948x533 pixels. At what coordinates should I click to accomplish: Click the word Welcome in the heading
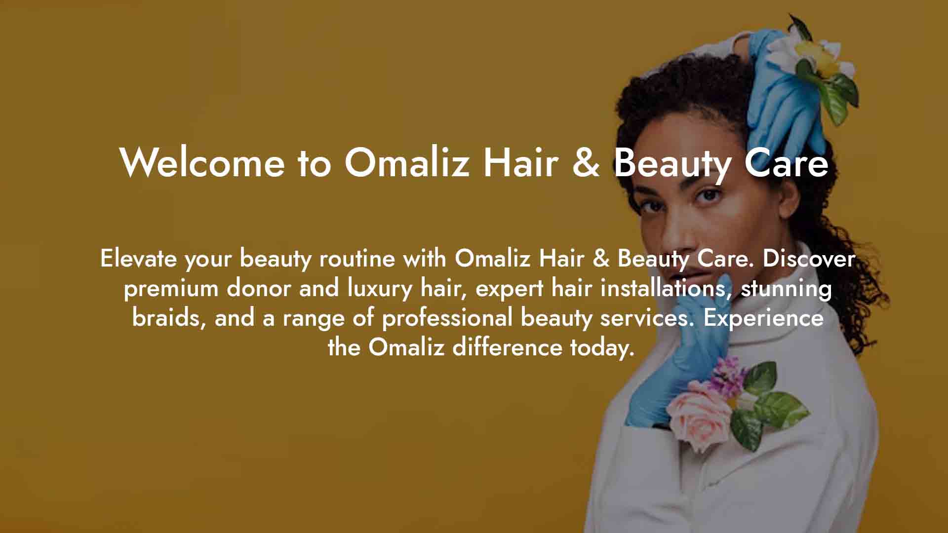(x=202, y=162)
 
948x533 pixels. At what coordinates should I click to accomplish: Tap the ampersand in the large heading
(x=587, y=162)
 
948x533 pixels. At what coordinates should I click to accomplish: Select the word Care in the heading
(x=786, y=162)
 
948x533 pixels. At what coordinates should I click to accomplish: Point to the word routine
(x=357, y=258)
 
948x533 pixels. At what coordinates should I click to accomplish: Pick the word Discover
(x=809, y=258)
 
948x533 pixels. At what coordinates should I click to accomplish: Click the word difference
(x=507, y=347)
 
